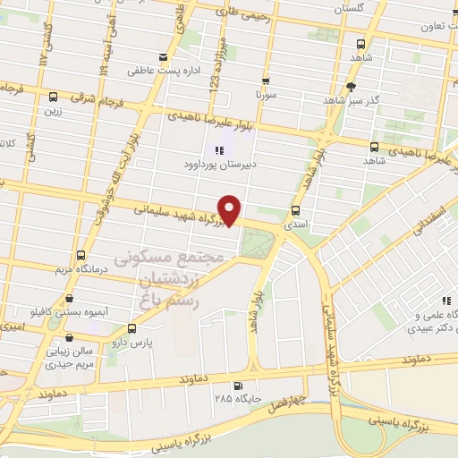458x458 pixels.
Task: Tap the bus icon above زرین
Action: [54, 97]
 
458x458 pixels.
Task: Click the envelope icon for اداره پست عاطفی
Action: [162, 57]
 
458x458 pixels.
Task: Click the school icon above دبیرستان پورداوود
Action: [217, 150]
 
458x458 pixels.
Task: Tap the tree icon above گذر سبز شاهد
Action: [352, 87]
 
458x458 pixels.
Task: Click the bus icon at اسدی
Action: [295, 211]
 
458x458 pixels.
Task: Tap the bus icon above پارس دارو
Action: [132, 329]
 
